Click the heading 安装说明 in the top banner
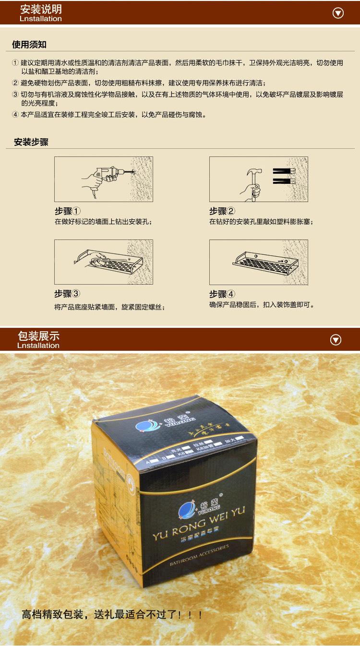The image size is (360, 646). (x=41, y=9)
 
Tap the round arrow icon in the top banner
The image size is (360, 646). (x=338, y=13)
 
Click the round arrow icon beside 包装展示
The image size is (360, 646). (x=336, y=340)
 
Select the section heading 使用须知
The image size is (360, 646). (x=29, y=45)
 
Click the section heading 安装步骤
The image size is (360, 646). (x=31, y=142)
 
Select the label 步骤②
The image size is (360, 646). (x=222, y=211)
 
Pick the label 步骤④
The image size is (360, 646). (x=222, y=294)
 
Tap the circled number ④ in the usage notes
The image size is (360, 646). (x=15, y=115)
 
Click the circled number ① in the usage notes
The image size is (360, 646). (x=15, y=63)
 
